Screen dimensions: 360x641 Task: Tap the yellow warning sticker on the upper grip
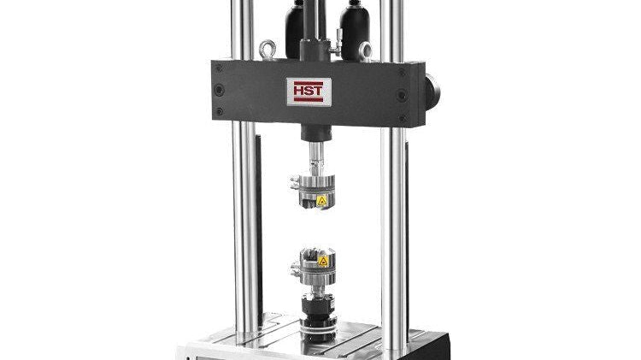click(322, 200)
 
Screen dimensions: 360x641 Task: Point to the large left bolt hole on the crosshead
click(221, 89)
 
